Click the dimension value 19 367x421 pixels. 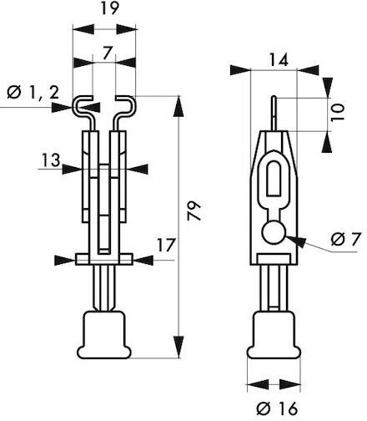pyautogui.click(x=109, y=8)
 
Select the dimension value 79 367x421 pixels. pyautogui.click(x=194, y=210)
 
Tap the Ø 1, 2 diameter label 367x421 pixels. pyautogui.click(x=33, y=92)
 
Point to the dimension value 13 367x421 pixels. pyautogui.click(x=51, y=160)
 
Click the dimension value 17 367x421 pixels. pyautogui.click(x=166, y=245)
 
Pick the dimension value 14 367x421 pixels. pyautogui.click(x=279, y=60)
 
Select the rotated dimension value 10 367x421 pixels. pyautogui.click(x=338, y=112)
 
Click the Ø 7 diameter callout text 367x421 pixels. pyautogui.click(x=346, y=239)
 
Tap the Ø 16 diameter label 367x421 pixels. pyautogui.click(x=277, y=408)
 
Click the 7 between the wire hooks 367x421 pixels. pyautogui.click(x=108, y=53)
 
